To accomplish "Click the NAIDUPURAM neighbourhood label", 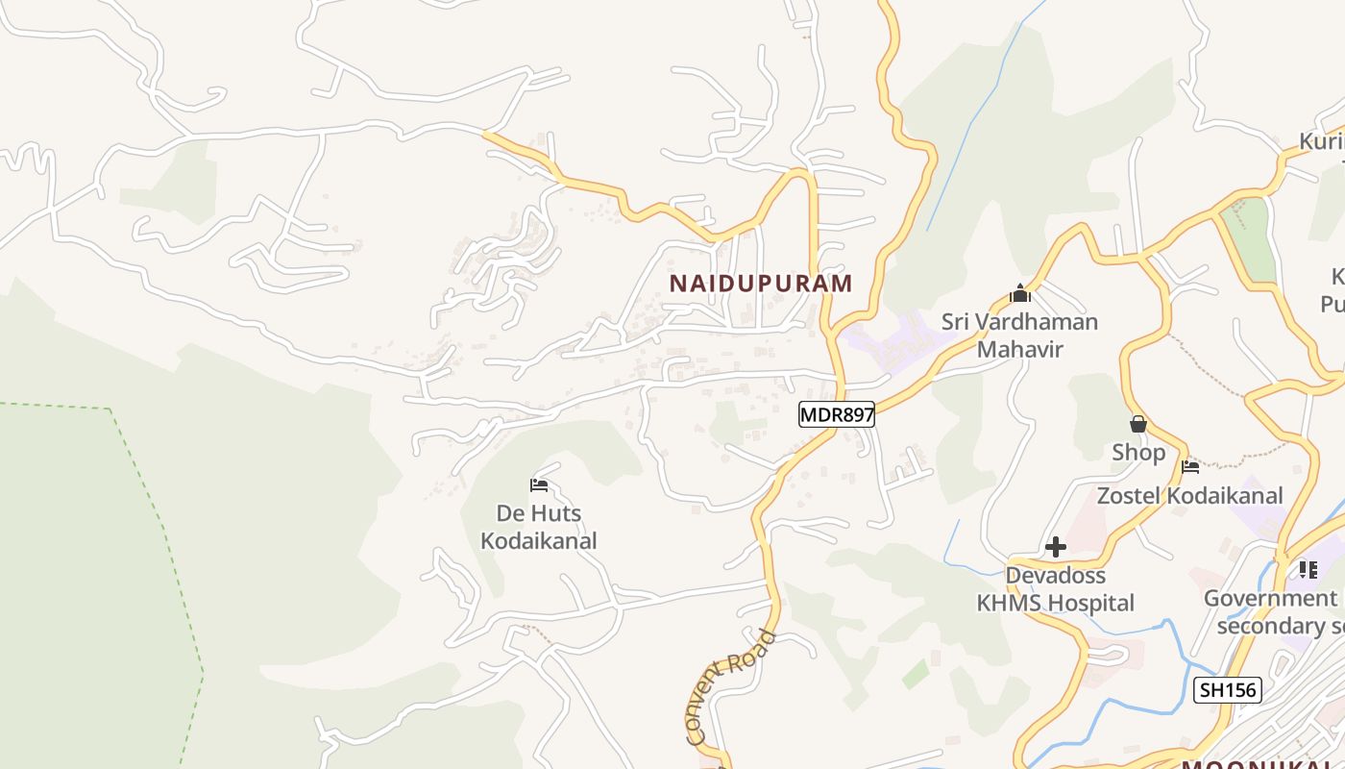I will (x=761, y=284).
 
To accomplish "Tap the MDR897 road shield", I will (x=837, y=414).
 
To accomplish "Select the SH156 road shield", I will (x=1227, y=689).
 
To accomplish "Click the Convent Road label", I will (x=731, y=686).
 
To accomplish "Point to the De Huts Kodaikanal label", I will (x=538, y=527).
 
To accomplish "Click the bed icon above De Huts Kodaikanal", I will (x=539, y=485).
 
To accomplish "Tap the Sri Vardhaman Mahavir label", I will (x=1019, y=335).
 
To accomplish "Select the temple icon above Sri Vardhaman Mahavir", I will (x=1020, y=293).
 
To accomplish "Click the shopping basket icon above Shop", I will (x=1138, y=424).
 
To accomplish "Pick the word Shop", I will (x=1138, y=452).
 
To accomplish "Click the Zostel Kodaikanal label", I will (x=1190, y=496).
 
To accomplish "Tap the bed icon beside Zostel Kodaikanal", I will (x=1191, y=467).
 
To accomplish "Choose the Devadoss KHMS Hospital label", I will (x=1055, y=589).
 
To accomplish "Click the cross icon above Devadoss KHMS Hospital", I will (x=1056, y=547).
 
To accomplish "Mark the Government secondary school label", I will (x=1273, y=612).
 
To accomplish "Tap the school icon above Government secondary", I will (x=1308, y=570).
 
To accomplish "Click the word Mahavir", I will (x=1019, y=348).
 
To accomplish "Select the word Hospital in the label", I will (x=1091, y=604).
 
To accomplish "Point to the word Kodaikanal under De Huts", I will (x=538, y=541).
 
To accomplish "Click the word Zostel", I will (x=1129, y=496).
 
